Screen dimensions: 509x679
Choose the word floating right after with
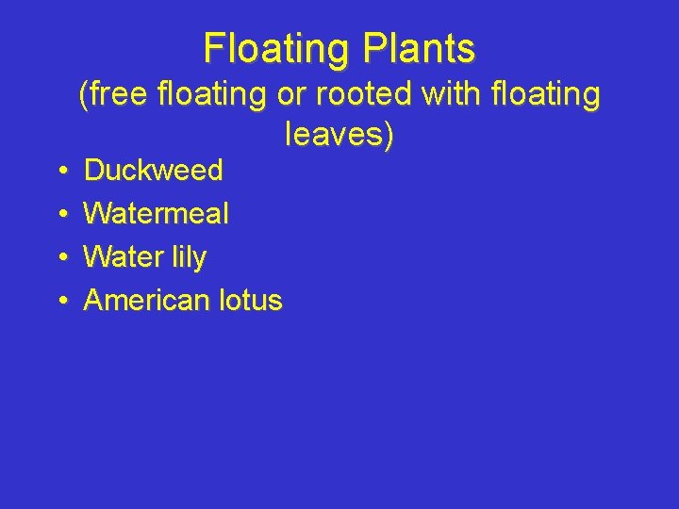tap(538, 94)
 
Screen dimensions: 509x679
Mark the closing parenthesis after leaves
tap(388, 137)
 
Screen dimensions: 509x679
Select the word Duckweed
tap(153, 171)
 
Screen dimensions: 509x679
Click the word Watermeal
tap(156, 214)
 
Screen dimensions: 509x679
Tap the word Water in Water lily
tap(120, 257)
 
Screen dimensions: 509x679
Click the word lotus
tap(249, 301)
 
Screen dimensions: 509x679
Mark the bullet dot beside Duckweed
tap(60, 172)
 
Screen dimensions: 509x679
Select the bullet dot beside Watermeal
tap(60, 215)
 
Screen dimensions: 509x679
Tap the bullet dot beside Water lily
tap(60, 258)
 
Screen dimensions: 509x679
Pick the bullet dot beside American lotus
tap(60, 302)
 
